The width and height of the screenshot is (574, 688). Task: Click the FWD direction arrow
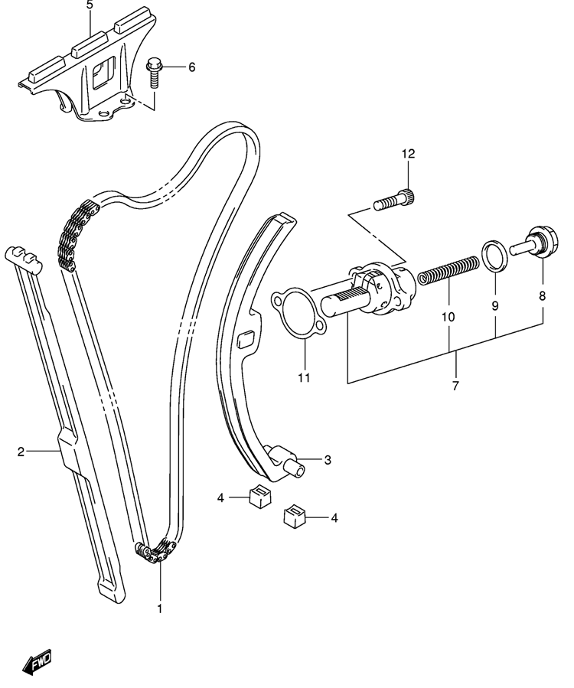(37, 660)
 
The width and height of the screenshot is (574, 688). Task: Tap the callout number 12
(408, 154)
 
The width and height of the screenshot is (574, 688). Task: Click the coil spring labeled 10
(448, 270)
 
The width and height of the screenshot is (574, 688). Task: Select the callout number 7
(455, 386)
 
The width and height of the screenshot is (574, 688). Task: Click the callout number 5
(90, 5)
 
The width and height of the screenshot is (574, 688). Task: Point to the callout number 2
(21, 452)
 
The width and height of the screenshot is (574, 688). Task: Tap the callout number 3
(328, 460)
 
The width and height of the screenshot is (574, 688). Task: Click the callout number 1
(160, 609)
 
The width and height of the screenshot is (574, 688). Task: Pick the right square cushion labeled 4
(295, 514)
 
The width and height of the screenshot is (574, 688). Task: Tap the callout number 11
(304, 377)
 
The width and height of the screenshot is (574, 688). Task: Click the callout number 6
(191, 67)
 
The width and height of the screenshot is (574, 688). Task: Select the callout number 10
(448, 316)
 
